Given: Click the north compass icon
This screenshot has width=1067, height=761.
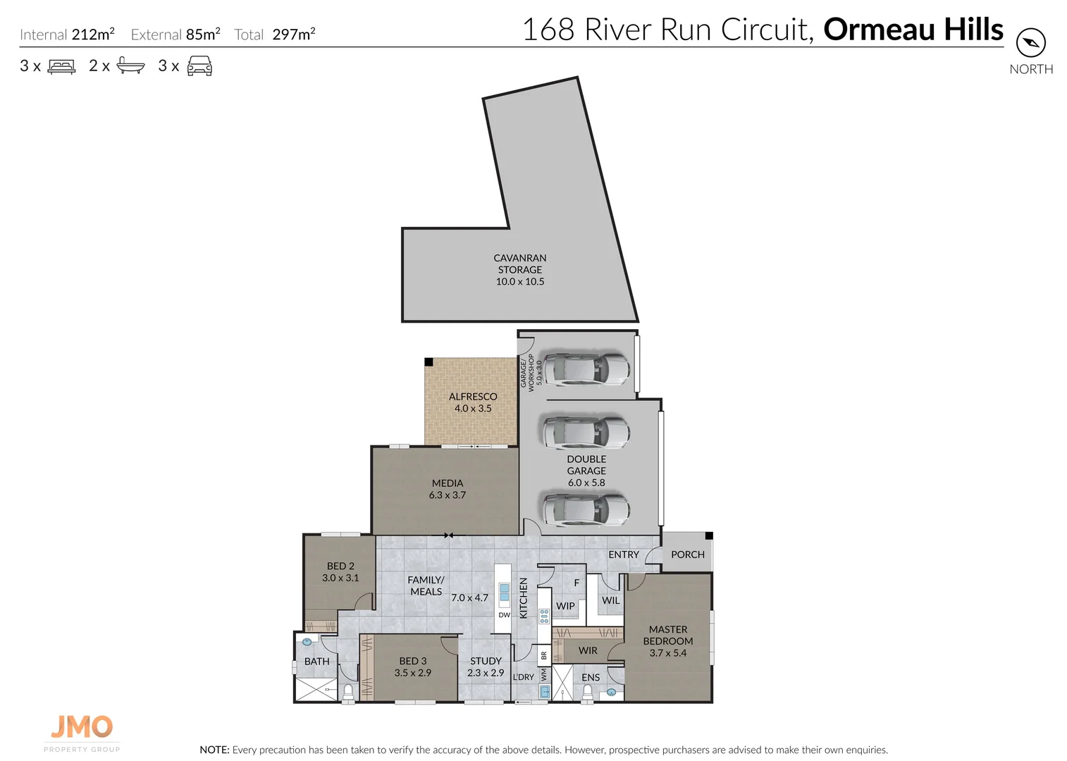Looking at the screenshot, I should pyautogui.click(x=1030, y=43).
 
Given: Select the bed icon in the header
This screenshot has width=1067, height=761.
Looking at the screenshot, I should pyautogui.click(x=61, y=66).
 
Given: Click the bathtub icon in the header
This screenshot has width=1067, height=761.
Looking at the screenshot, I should pyautogui.click(x=130, y=66).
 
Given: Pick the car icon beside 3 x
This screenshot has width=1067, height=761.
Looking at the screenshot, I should pyautogui.click(x=199, y=66).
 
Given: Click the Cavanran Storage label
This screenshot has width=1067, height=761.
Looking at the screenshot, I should pyautogui.click(x=520, y=269).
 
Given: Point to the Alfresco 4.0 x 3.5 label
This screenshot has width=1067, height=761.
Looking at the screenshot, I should pyautogui.click(x=473, y=402).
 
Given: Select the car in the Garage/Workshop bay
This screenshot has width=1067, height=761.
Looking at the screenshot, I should pyautogui.click(x=584, y=369).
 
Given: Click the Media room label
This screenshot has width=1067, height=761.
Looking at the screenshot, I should pyautogui.click(x=448, y=489).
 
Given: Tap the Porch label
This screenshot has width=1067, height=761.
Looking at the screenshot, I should pyautogui.click(x=687, y=555).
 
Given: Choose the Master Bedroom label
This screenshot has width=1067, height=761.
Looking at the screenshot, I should pyautogui.click(x=667, y=641).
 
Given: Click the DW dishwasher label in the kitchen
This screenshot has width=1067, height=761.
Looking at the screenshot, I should pyautogui.click(x=504, y=615).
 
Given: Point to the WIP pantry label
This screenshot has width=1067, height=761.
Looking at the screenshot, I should pyautogui.click(x=565, y=606).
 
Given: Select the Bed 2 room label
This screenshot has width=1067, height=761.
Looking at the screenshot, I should pyautogui.click(x=340, y=571).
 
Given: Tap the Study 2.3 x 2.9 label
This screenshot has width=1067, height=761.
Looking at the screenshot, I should pyautogui.click(x=486, y=667).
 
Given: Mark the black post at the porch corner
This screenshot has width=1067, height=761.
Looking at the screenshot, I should pyautogui.click(x=709, y=536).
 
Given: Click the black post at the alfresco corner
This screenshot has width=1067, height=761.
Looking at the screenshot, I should pyautogui.click(x=428, y=361).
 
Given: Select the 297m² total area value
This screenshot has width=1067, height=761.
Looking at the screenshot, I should pyautogui.click(x=294, y=34).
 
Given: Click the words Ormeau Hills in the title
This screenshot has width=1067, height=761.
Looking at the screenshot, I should pyautogui.click(x=913, y=30).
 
